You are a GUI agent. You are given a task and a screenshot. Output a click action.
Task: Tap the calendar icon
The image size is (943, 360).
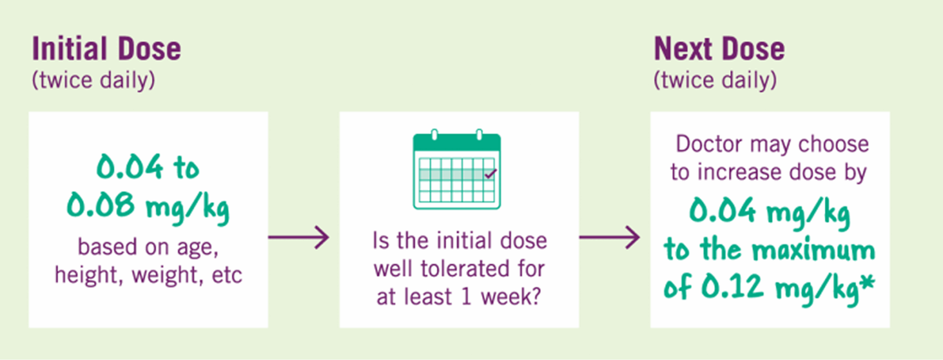coord(457,169)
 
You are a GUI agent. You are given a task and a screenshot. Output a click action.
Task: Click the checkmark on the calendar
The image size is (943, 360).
coord(491,174)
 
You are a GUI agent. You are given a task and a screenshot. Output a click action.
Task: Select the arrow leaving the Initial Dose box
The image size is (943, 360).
coord(299,237)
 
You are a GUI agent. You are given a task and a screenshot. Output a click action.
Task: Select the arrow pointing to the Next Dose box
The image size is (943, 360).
coord(610,237)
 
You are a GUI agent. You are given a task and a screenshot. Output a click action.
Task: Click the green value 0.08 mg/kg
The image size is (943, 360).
coord(148,207)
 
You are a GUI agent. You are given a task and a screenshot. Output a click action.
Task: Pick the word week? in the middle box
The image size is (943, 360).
coord(511,296)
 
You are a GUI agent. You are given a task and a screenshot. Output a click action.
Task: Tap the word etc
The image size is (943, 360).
coord(227,276)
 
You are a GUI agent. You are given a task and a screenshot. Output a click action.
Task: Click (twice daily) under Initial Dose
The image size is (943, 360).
coord(94,80)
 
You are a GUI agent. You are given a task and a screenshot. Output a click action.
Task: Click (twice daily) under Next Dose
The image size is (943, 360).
coord(715,80)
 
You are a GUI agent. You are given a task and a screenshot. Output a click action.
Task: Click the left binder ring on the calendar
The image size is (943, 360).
coord(435,134)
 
